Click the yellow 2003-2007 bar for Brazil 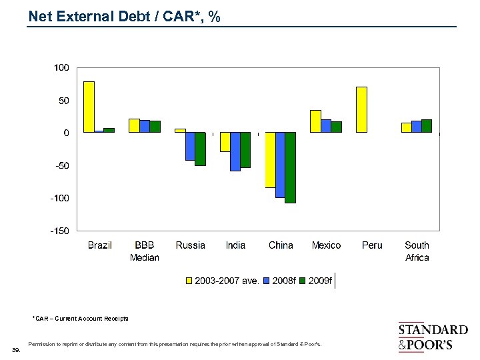tap(89, 107)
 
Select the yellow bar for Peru tap(362, 109)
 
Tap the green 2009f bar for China tap(290, 167)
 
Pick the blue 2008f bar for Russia tap(190, 146)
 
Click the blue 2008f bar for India tap(235, 151)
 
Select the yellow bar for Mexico tap(316, 121)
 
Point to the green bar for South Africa tap(427, 126)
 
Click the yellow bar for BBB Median tap(134, 125)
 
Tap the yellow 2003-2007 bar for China tap(270, 160)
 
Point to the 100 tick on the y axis tap(61, 68)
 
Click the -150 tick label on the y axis tap(60, 231)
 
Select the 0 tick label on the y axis tap(65, 133)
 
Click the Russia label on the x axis tap(191, 245)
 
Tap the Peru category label tap(372, 245)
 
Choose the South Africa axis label tap(417, 251)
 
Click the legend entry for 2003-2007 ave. tap(222, 281)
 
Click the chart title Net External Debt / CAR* tap(125, 17)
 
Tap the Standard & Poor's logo tap(433, 337)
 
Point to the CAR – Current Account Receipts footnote tap(80, 319)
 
